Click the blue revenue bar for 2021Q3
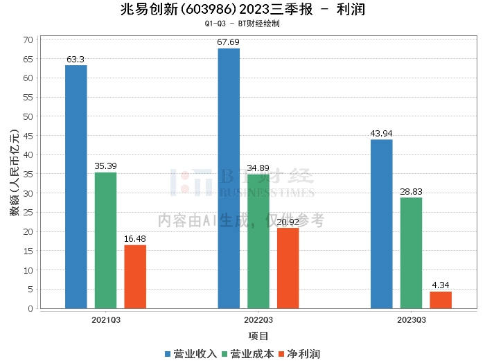[76, 187]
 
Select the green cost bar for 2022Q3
[258, 242]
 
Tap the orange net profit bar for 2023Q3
[441, 300]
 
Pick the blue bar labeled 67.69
[229, 179]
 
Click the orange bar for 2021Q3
[135, 276]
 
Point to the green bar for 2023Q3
[411, 253]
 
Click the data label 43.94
[381, 133]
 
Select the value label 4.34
[441, 285]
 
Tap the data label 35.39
[106, 166]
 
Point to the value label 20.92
[288, 222]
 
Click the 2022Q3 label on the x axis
[258, 320]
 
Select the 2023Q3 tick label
[412, 320]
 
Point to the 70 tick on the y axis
[28, 40]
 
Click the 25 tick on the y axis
[28, 213]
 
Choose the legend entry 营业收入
[191, 354]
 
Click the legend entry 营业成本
[248, 354]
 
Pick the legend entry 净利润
[299, 354]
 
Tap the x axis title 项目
[258, 336]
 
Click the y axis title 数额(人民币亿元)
[15, 172]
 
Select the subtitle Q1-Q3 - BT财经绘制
[242, 24]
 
